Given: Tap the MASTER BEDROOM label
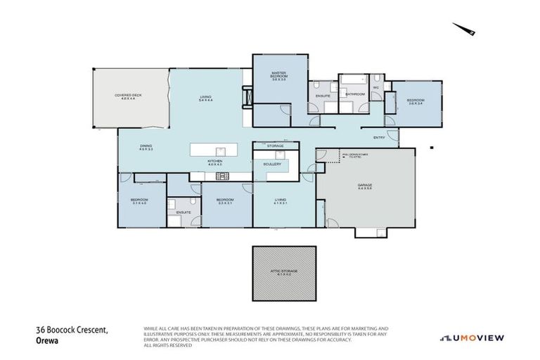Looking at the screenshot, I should coord(278,77).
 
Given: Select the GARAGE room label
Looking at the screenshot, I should coord(364,186).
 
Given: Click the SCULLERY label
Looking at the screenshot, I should coord(273,164).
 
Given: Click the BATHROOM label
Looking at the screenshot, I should coord(354,94).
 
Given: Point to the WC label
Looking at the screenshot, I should coord(376,88).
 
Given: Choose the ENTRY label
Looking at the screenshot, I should coord(379,137).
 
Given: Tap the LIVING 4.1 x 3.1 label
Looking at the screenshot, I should coord(281,202).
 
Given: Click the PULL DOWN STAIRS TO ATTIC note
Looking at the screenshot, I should coord(351,155).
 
